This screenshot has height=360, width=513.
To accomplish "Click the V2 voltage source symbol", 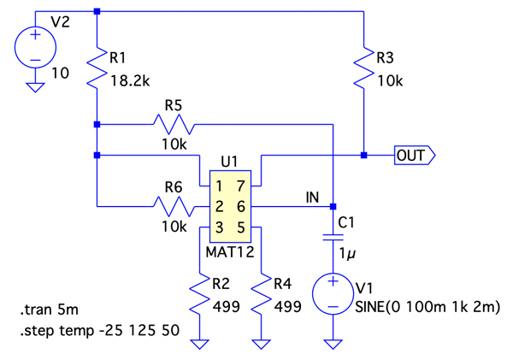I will (35, 49).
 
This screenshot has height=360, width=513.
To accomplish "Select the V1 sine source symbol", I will (333, 295).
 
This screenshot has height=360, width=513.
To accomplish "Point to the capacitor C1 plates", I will (333, 239).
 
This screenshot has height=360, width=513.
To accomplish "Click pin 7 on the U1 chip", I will (242, 186).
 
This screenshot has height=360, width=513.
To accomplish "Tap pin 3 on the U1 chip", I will (220, 227).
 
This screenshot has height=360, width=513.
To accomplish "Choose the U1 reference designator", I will (228, 162).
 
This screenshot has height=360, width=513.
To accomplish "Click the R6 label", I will (173, 186).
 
